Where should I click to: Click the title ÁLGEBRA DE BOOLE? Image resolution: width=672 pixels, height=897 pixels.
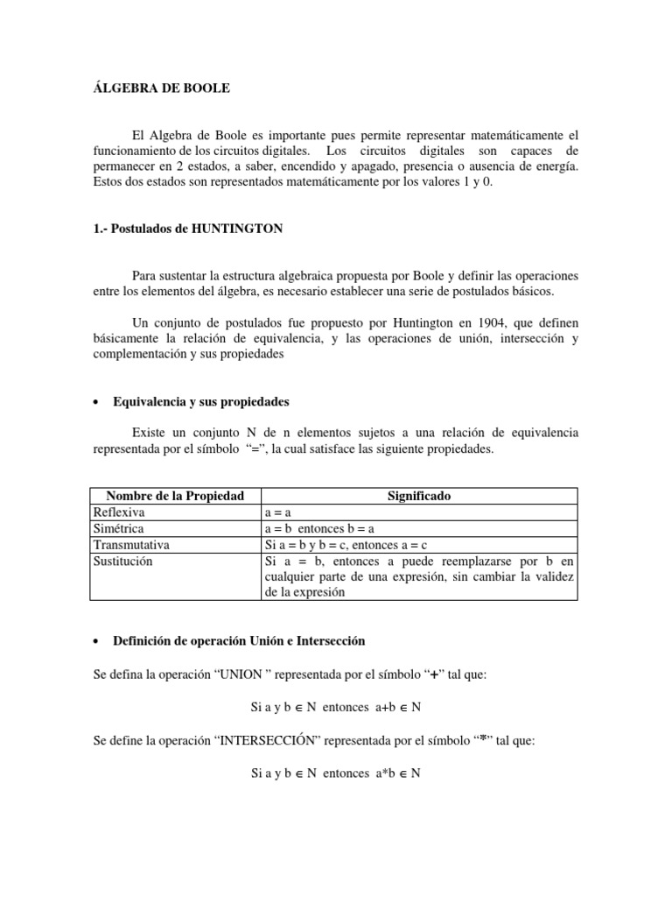click(x=164, y=88)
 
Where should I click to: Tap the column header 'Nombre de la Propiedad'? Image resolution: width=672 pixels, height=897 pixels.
click(x=175, y=496)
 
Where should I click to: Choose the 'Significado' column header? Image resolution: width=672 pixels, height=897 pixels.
click(x=419, y=496)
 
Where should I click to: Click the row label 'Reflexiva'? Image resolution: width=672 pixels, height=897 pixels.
click(x=119, y=512)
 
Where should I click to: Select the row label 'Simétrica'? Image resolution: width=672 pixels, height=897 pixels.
click(x=119, y=528)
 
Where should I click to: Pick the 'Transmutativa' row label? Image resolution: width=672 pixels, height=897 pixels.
click(x=131, y=545)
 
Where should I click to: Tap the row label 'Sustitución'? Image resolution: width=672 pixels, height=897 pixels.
click(x=122, y=561)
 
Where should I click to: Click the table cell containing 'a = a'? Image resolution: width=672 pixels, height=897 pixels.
click(x=278, y=512)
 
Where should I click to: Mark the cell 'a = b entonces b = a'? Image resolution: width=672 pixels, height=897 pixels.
click(x=318, y=528)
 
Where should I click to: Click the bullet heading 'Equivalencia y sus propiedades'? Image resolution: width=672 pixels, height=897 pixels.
click(x=201, y=402)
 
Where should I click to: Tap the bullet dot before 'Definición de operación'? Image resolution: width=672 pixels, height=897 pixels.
click(x=95, y=642)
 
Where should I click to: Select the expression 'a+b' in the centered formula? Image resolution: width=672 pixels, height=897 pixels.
click(x=372, y=708)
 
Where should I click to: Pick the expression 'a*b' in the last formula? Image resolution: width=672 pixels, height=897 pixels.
click(x=372, y=773)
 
